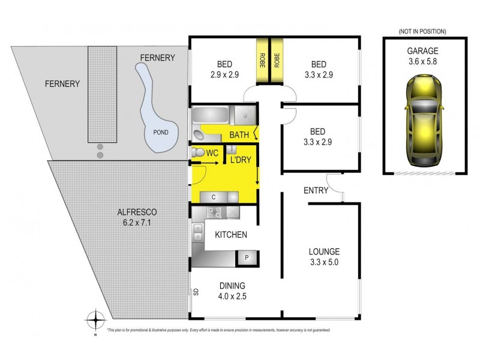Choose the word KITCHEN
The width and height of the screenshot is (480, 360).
point(231,235)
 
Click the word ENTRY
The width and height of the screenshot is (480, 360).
point(316,191)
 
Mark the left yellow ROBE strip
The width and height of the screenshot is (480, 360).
point(262,61)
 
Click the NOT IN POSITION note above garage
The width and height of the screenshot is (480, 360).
point(422,31)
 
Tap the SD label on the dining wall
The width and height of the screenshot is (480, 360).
point(196,292)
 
